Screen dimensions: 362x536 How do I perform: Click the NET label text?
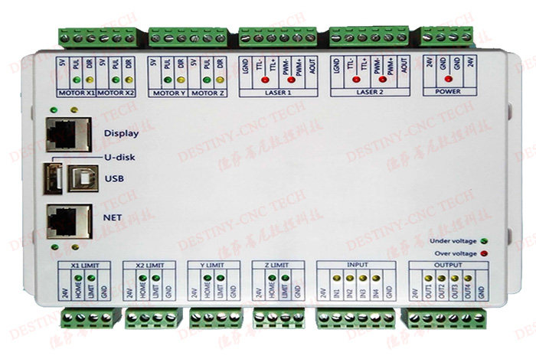pyautogui.click(x=113, y=217)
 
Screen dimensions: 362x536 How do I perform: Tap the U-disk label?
pyautogui.click(x=117, y=158)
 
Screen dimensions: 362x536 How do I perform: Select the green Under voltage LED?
pyautogui.click(x=485, y=241)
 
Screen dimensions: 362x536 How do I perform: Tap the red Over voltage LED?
pyautogui.click(x=485, y=253)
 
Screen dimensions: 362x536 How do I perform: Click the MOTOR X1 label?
pyautogui.click(x=77, y=93)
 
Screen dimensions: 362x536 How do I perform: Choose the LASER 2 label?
pyautogui.click(x=368, y=93)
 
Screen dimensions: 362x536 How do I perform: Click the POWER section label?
pyautogui.click(x=448, y=93)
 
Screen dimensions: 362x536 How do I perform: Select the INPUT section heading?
pyautogui.click(x=357, y=264)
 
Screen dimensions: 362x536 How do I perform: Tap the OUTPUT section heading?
pyautogui.click(x=448, y=264)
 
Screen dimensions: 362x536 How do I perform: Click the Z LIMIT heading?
pyautogui.click(x=273, y=264)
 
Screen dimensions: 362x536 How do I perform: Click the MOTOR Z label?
pyautogui.click(x=207, y=93)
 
